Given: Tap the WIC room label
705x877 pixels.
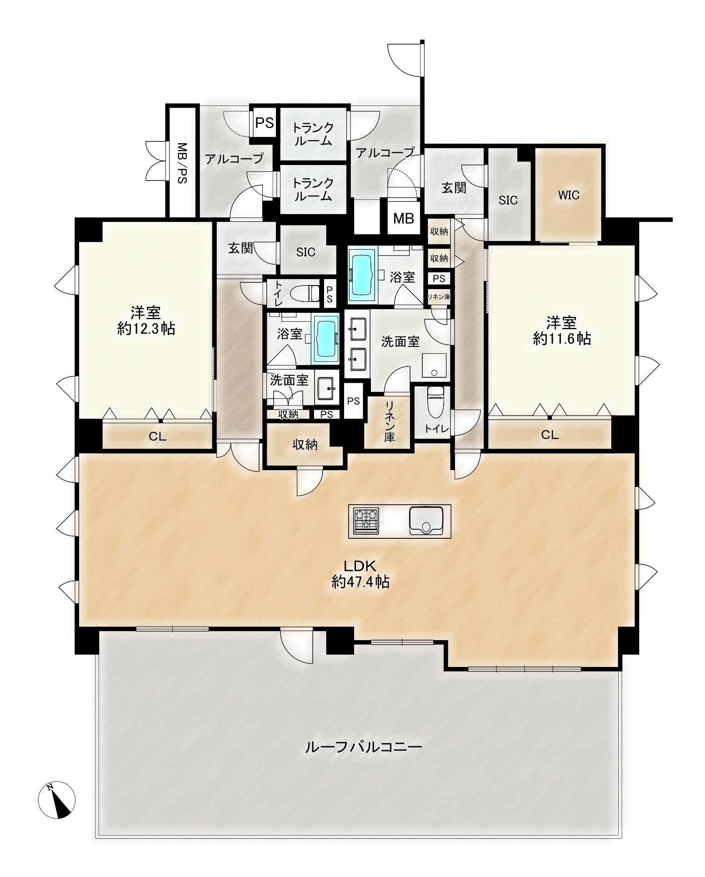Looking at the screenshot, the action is (569, 195).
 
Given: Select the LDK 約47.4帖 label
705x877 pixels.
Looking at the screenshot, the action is (360, 574).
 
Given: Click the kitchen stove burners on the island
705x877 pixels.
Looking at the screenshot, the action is (366, 521).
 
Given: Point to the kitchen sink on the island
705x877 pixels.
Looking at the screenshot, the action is (426, 521).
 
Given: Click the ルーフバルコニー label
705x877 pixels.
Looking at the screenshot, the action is (363, 747).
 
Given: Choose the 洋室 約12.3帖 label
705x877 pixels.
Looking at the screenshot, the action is (146, 320).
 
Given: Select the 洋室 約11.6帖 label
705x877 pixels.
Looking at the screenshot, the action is (562, 331).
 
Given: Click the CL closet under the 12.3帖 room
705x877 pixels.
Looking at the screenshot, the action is (158, 436).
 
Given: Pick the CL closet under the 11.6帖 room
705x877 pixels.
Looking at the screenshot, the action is (550, 434).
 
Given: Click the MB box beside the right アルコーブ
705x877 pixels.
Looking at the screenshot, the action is (404, 218).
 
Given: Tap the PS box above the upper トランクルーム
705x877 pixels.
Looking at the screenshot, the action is (265, 122).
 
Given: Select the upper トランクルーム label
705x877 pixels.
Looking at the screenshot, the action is (313, 134).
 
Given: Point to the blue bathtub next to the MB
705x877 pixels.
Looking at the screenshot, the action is (362, 275).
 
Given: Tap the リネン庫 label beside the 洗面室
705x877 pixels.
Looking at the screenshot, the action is (390, 421).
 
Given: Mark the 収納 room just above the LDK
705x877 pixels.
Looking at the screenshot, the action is (305, 444).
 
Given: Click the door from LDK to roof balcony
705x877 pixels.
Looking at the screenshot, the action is (296, 646).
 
